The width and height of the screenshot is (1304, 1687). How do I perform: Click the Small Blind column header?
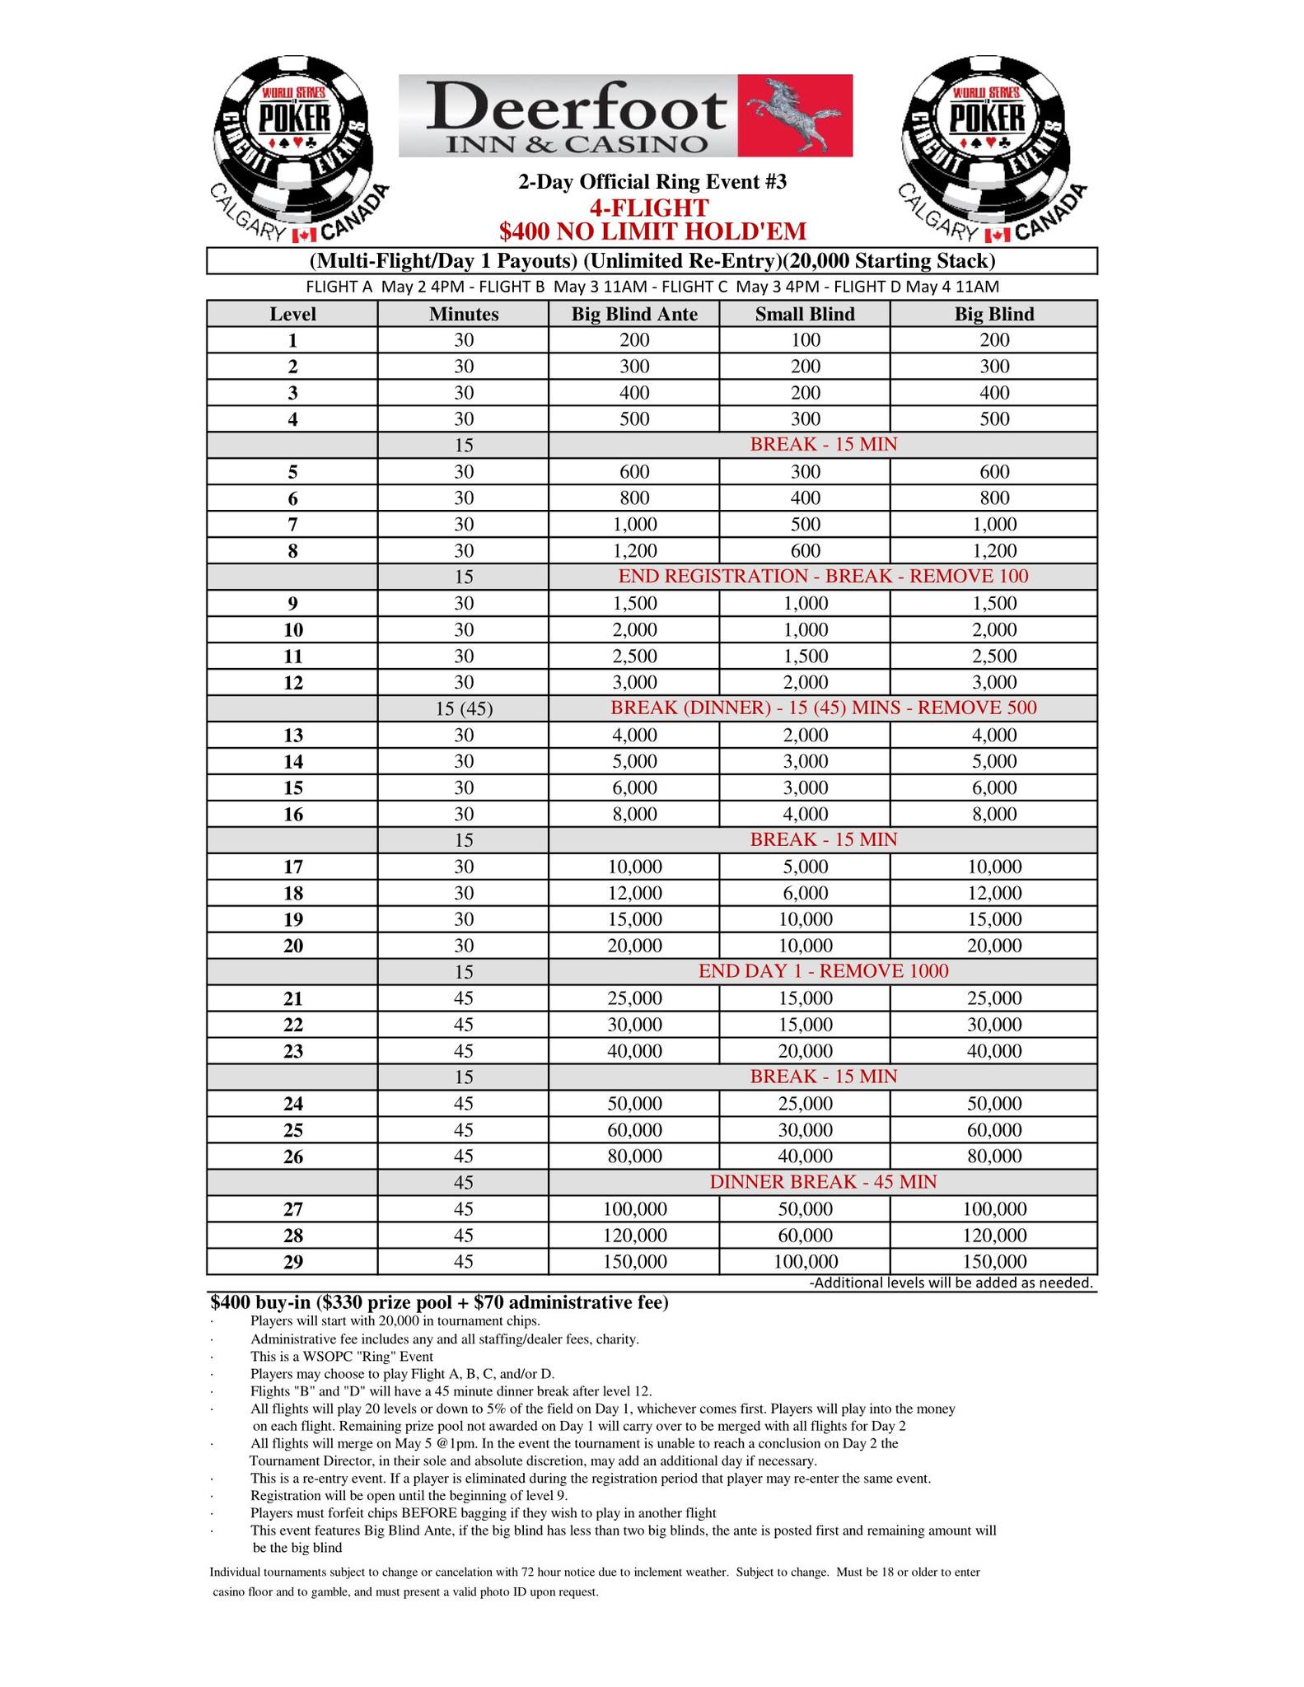tap(804, 314)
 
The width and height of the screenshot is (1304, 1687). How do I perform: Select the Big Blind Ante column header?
tap(634, 314)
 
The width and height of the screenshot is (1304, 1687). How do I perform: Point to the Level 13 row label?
tap(292, 736)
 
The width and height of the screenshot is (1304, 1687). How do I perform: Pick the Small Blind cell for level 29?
tap(804, 1261)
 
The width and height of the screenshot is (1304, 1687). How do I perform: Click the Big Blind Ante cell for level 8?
tap(634, 550)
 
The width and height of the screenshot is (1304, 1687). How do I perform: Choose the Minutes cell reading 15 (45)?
tap(464, 709)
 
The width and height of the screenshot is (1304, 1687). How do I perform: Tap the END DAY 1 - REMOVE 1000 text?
tap(823, 971)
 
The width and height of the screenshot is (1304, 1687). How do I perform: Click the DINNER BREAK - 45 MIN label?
tap(823, 1182)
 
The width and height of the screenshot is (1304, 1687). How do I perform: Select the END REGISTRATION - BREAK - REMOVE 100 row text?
tap(823, 577)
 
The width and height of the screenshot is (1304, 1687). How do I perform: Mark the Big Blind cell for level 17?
tap(993, 867)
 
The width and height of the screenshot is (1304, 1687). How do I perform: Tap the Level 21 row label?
tap(292, 999)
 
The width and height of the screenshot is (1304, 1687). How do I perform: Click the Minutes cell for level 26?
tap(464, 1157)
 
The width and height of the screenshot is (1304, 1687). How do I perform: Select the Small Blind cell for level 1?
tap(804, 340)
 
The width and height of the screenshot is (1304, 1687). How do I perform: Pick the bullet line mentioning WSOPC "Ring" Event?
tap(341, 1356)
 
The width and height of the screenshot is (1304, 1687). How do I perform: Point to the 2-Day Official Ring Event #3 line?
tap(652, 182)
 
